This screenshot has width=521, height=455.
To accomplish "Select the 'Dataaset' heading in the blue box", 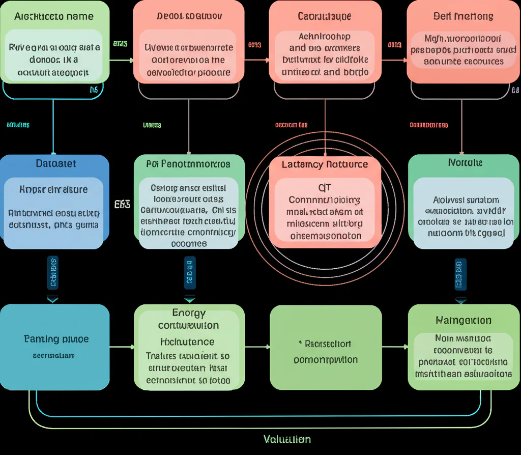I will click(56, 163).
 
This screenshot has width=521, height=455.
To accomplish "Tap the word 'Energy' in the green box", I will click(189, 313).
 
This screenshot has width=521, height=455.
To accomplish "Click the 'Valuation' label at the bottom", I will click(287, 439).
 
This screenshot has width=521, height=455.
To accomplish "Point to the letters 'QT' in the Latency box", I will click(325, 187).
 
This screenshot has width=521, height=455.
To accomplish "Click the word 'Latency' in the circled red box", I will click(302, 164).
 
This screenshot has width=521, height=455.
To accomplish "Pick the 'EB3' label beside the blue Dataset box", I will click(122, 204).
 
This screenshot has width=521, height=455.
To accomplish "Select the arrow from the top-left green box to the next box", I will click(122, 60).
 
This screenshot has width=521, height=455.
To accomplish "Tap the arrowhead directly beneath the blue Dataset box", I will click(52, 299).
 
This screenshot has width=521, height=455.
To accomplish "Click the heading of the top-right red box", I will click(463, 16).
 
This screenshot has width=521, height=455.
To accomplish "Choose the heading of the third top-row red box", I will click(325, 16).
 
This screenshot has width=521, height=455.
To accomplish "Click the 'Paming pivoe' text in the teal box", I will click(56, 339).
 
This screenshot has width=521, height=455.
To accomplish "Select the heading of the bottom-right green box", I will click(463, 320).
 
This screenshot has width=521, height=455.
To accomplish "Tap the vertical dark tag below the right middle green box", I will click(460, 274).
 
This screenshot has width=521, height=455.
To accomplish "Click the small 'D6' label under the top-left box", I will click(94, 90).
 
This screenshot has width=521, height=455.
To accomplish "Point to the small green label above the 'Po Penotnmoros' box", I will click(152, 125).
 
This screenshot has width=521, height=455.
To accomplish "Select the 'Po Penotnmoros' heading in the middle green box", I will click(188, 164).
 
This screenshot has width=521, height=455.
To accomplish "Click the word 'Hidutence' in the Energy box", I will click(187, 342).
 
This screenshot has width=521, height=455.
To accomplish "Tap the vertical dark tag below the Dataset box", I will click(52, 272).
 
